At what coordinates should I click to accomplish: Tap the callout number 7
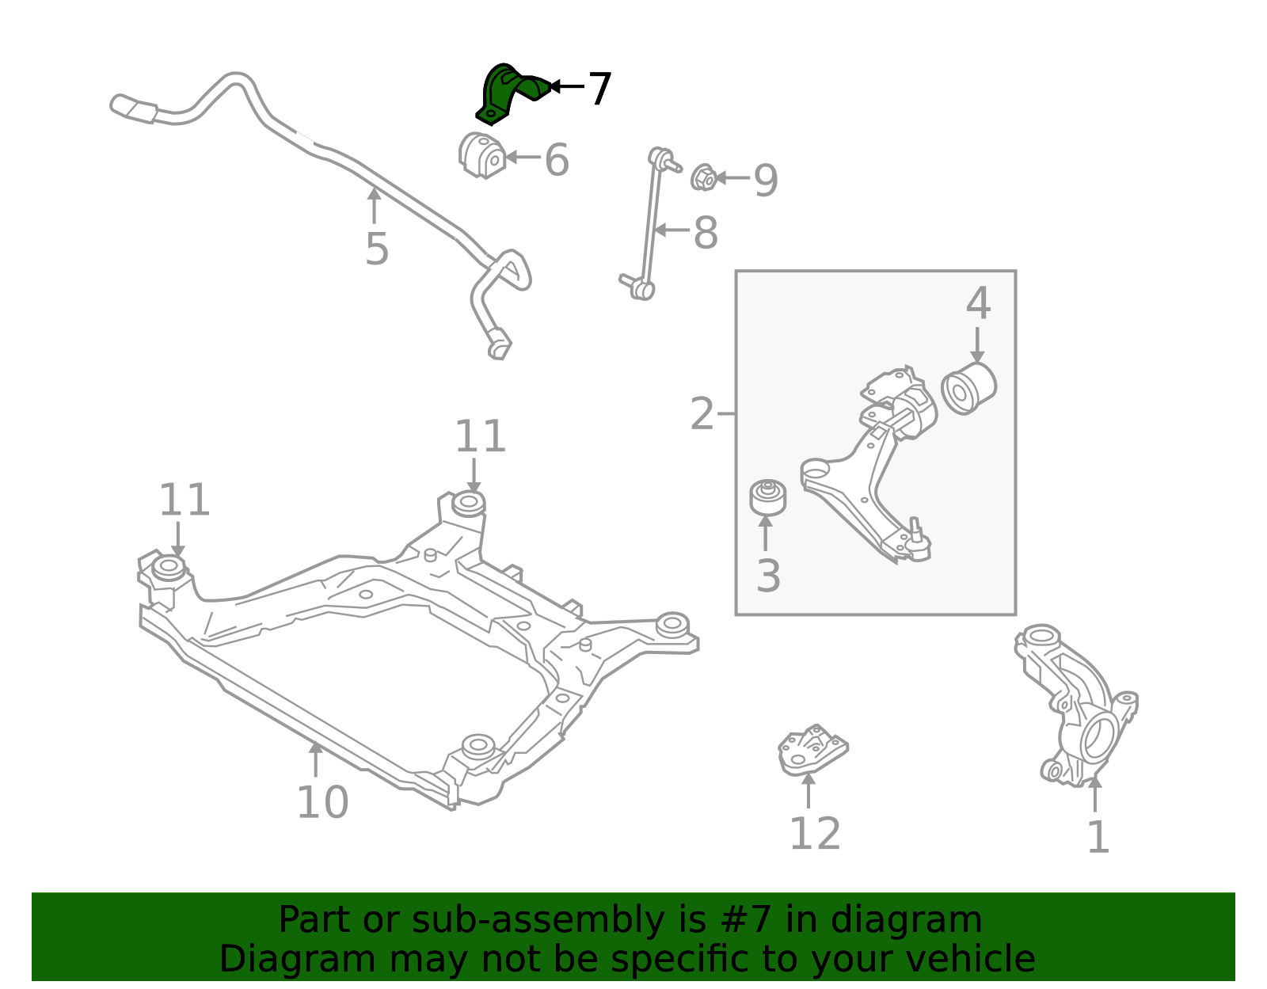pos(599,89)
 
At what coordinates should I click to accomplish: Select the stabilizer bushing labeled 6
pos(481,156)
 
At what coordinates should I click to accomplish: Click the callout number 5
pos(376,249)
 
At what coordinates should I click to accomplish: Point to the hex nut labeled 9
pos(703,177)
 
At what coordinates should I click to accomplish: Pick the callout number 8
pos(706,233)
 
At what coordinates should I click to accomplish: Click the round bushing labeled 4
pos(968,388)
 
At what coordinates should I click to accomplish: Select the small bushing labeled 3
pos(767,497)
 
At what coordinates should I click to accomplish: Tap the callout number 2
pos(702,414)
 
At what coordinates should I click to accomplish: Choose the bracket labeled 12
pos(812,750)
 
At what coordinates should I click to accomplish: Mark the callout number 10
pos(322,802)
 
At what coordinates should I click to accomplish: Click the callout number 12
pos(815,833)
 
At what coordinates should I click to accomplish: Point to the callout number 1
pos(1098,838)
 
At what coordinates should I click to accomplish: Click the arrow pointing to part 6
pos(523,157)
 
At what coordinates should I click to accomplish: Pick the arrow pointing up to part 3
pos(765,533)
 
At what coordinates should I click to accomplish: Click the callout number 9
pos(767,180)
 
